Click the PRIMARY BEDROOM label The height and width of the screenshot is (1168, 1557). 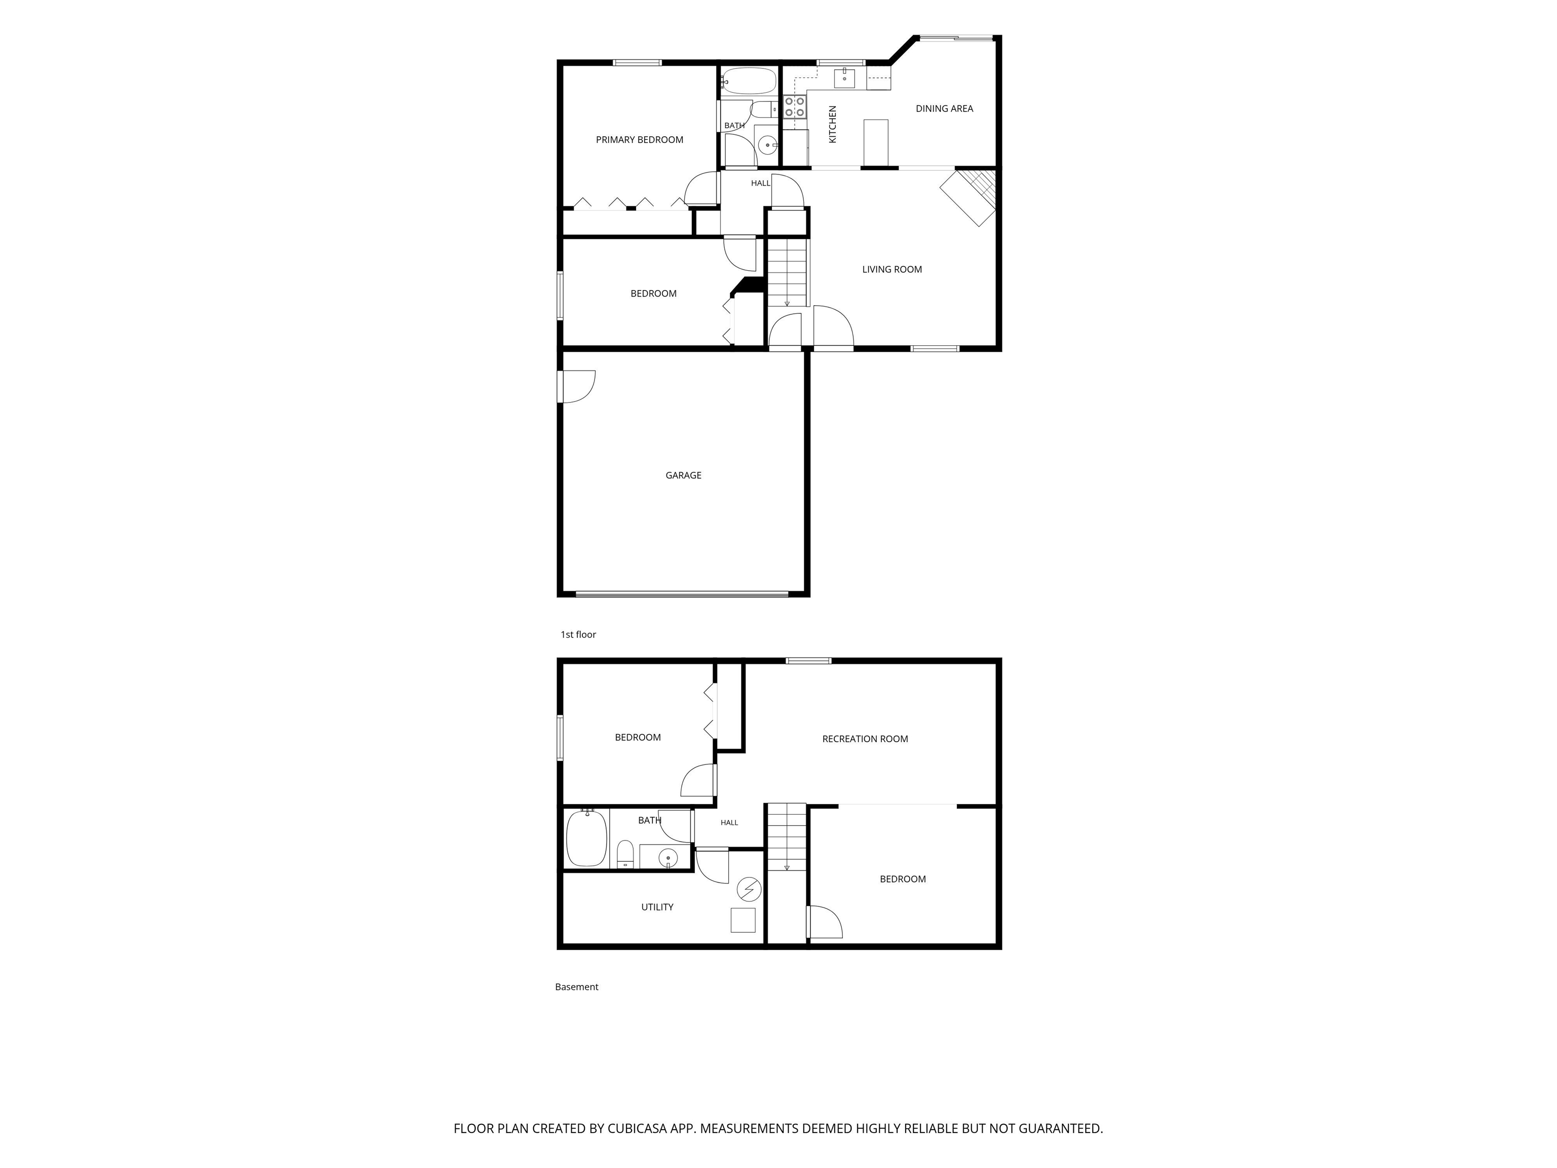639,139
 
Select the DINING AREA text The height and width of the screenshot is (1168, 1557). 944,108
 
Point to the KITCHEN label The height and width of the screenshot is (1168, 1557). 833,125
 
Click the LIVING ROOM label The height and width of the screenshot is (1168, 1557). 892,269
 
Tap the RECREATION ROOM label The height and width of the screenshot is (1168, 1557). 865,739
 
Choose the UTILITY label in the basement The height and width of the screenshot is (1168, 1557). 657,907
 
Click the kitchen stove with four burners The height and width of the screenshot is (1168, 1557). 795,107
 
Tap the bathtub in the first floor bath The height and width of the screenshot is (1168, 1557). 748,82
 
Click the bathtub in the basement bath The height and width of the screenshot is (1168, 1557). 586,838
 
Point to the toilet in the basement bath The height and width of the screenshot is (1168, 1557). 625,855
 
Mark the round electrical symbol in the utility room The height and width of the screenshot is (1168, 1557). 749,890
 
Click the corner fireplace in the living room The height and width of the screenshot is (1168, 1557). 969,197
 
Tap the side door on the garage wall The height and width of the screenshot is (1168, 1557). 576,386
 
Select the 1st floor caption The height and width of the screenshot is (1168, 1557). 578,634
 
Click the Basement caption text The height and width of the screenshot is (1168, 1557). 576,987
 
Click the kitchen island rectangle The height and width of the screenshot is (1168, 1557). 876,142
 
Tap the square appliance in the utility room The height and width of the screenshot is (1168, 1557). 744,920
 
